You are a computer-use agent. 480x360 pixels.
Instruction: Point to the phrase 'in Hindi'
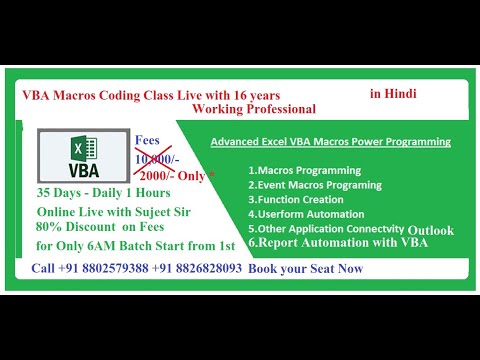click(392, 93)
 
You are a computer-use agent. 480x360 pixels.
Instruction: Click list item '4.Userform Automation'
click(301, 213)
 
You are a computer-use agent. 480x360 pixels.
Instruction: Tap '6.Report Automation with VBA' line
click(340, 242)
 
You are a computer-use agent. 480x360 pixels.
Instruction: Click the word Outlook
click(430, 230)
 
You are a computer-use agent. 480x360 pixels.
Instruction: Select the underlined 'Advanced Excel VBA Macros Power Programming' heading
click(330, 142)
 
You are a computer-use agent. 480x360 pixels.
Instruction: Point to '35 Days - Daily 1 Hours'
click(104, 192)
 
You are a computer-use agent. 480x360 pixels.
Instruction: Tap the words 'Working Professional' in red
click(254, 108)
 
